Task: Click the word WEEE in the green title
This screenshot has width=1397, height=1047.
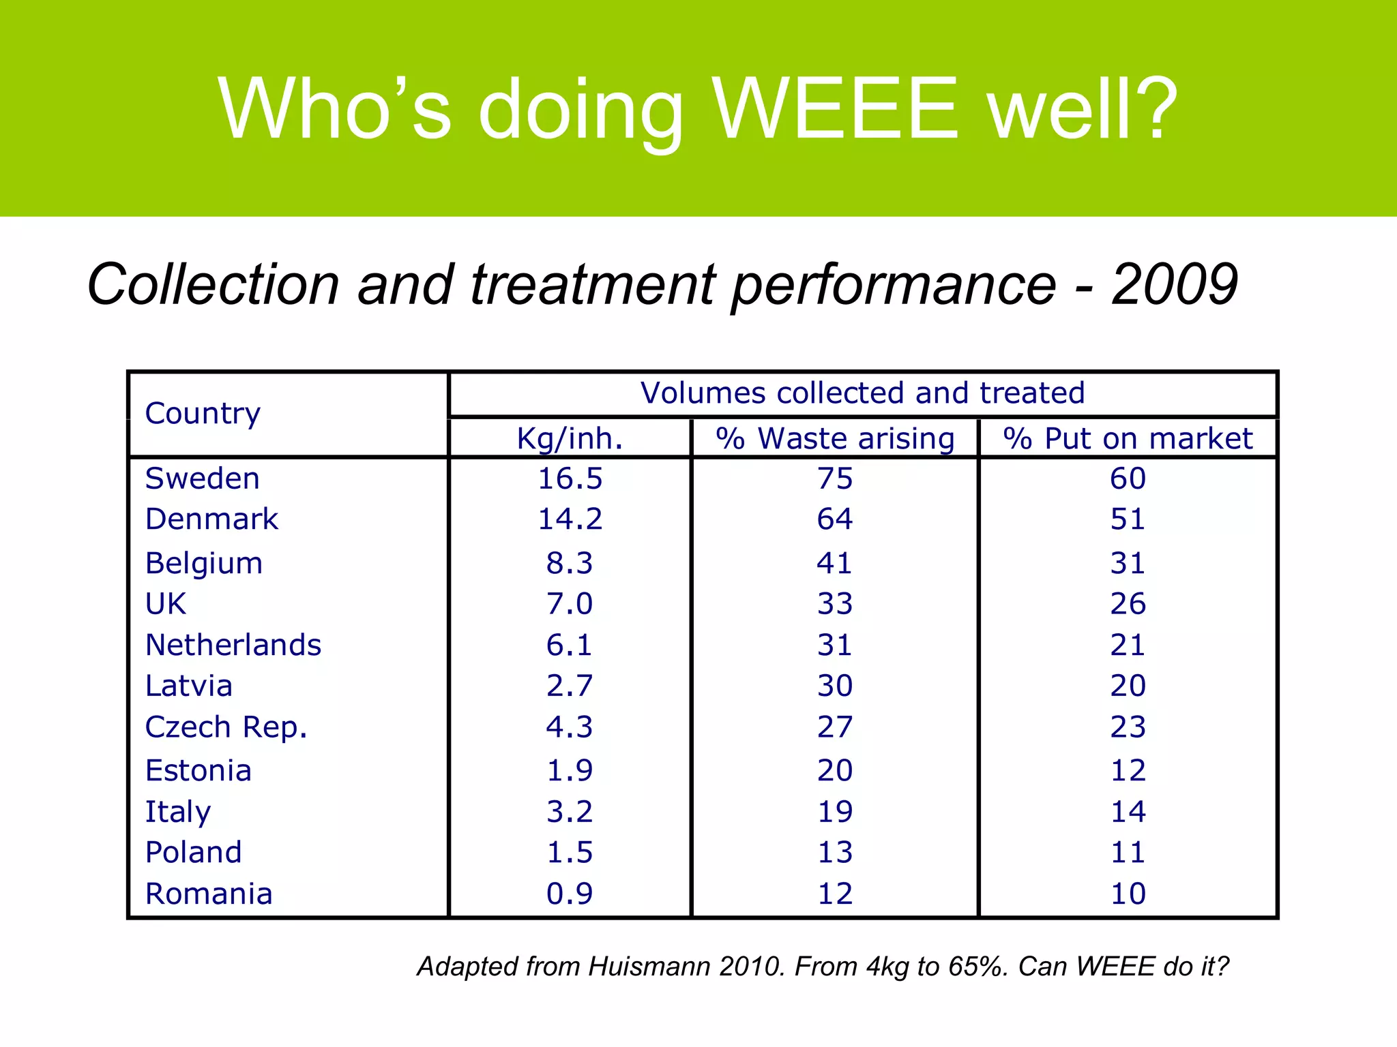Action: coord(836,109)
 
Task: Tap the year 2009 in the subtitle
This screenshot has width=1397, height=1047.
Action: coord(1174,285)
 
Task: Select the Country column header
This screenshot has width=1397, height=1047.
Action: coord(203,413)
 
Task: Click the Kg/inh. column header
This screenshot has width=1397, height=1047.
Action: coord(570,438)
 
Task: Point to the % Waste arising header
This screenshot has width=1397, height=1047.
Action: coord(835,438)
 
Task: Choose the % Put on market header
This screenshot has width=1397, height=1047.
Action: coord(1128,438)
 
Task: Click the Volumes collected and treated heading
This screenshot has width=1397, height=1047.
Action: coord(862,393)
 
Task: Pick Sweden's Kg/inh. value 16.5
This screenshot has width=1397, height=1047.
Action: coord(570,479)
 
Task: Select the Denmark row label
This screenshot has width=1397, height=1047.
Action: coord(211,519)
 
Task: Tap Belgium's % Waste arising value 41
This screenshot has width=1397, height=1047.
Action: coord(835,564)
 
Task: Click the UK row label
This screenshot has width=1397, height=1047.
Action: coord(166,604)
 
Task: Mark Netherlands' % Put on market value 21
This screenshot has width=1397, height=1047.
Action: coord(1128,645)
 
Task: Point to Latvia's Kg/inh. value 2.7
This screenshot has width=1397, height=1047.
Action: coord(570,686)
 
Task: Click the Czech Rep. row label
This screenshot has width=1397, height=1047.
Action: coord(226,727)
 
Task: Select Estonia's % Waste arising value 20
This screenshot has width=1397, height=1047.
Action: coord(835,771)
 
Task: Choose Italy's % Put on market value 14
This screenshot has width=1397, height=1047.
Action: coord(1128,812)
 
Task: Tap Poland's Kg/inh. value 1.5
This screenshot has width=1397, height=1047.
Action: coord(570,853)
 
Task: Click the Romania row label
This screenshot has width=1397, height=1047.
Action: coord(209,894)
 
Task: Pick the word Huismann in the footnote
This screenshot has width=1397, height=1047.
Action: coord(649,967)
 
